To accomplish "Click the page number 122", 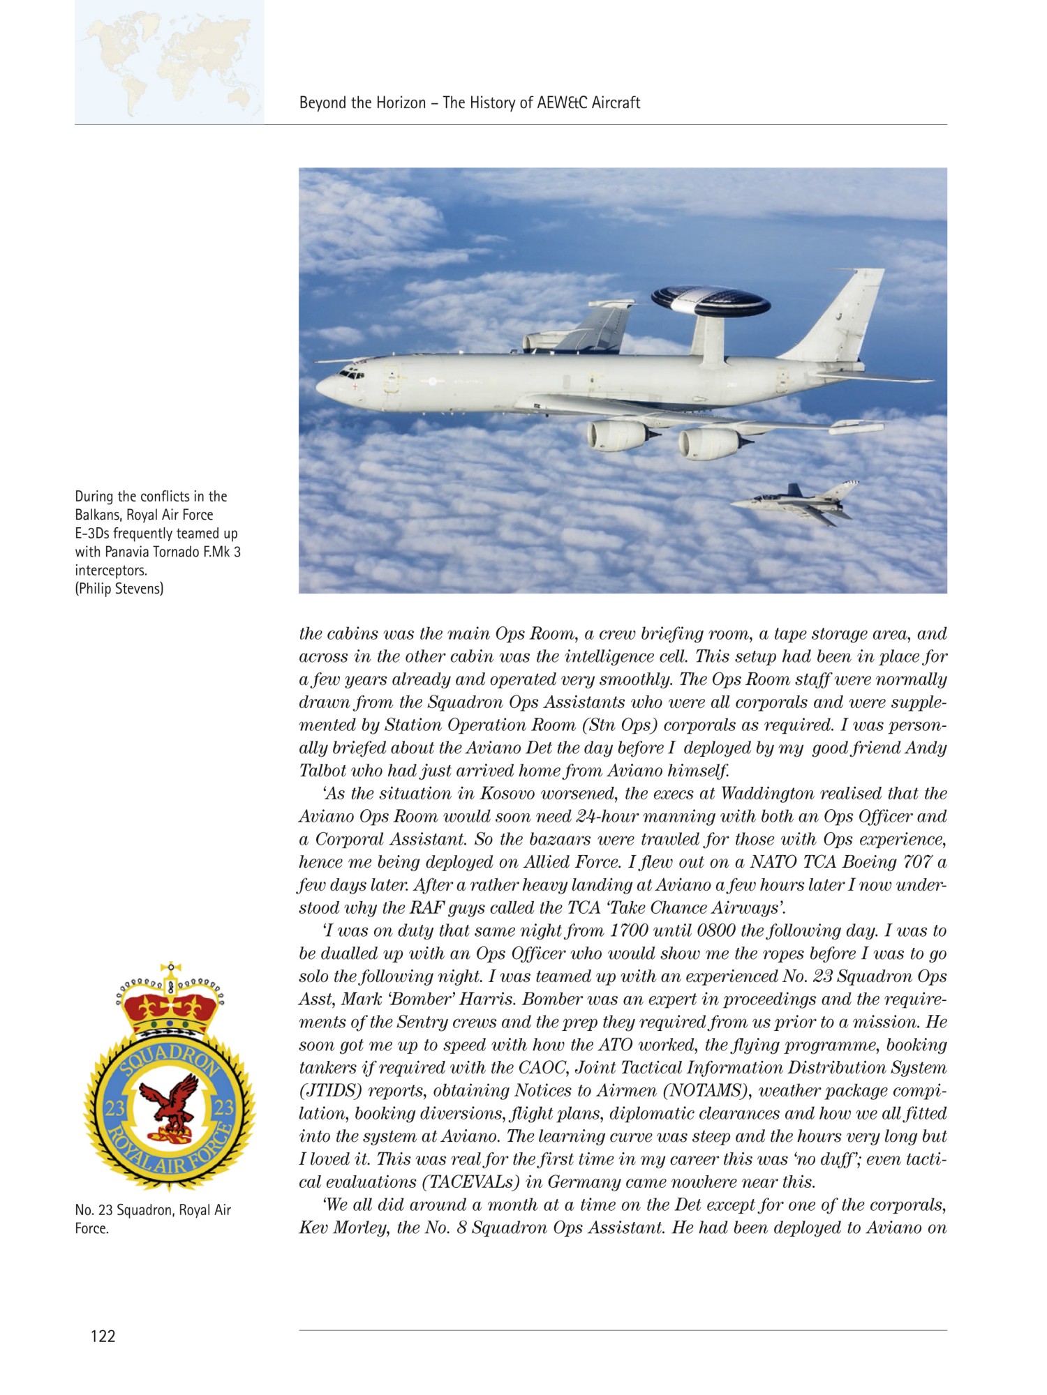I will coord(103,1336).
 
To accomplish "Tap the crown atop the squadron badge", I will coord(170,999).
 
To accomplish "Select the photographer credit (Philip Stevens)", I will coord(119,589).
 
